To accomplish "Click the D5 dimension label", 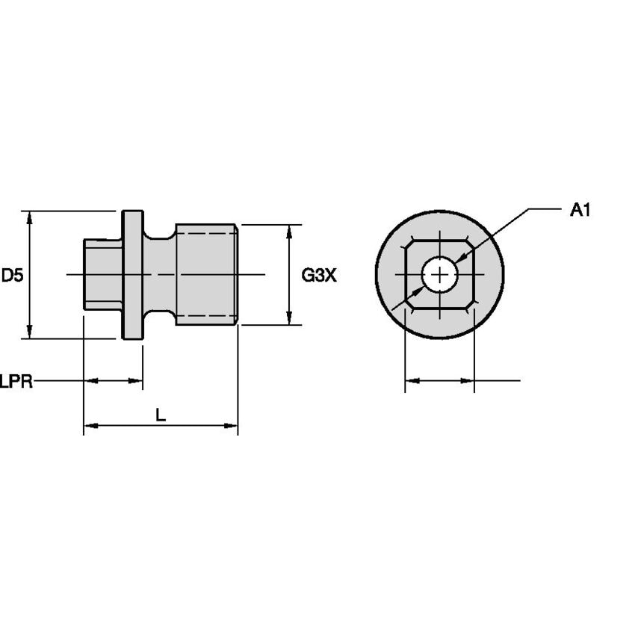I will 13,275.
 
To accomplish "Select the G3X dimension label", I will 319,275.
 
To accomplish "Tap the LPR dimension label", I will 16,382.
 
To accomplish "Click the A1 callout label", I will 580,210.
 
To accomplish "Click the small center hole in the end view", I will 440,275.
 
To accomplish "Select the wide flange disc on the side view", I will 132,275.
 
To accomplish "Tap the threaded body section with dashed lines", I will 207,275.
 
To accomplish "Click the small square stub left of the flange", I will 102,275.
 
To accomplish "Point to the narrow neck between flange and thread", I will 159,275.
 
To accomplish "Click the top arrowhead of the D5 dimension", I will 30,217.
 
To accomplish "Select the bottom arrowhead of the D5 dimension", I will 30,332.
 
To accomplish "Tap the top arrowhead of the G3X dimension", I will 290,230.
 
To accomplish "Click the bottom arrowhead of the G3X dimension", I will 290,319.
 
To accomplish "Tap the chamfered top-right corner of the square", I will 471,244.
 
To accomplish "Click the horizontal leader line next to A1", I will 545,209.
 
